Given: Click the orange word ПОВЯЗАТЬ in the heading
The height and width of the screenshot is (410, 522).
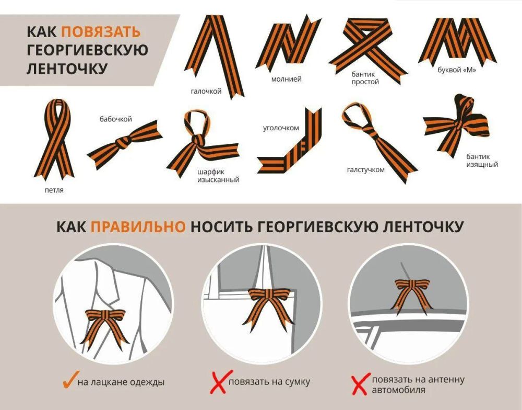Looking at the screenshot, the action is (101, 32).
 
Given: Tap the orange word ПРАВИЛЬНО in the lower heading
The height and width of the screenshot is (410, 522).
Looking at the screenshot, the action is (138, 227).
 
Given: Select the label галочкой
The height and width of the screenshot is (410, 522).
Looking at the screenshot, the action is (206, 91).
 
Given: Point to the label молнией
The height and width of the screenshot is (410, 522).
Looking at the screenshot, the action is (286, 79).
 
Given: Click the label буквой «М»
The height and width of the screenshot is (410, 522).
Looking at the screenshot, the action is (457, 70).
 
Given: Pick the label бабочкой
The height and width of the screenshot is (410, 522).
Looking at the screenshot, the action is (116, 119).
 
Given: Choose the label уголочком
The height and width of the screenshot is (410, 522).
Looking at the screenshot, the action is (281, 128).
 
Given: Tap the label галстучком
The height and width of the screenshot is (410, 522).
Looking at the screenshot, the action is (365, 170).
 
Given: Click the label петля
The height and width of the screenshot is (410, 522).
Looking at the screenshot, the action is (54, 190).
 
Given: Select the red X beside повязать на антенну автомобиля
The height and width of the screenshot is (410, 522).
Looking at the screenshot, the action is (361, 384).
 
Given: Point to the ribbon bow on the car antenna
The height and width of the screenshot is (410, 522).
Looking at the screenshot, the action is (412, 293).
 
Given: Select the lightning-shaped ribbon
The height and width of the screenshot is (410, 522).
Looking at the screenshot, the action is (288, 43).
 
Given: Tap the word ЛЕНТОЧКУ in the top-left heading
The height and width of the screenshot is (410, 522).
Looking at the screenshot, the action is (67, 69).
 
